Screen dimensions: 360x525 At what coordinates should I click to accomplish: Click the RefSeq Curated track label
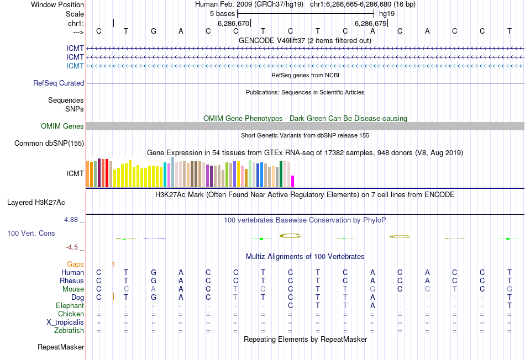pyautogui.click(x=59, y=83)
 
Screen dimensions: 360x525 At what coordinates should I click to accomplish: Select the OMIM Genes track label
pyautogui.click(x=62, y=126)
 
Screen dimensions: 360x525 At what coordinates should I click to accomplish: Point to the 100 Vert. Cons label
pyautogui.click(x=31, y=234)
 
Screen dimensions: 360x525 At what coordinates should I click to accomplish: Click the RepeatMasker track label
pyautogui.click(x=61, y=347)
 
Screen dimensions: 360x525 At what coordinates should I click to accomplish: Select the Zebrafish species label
pyautogui.click(x=70, y=331)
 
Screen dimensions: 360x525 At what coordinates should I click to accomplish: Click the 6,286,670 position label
pyautogui.click(x=233, y=24)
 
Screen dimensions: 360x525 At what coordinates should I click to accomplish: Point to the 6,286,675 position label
pyautogui.click(x=370, y=24)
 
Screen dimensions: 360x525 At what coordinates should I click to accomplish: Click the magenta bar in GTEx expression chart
pyautogui.click(x=293, y=182)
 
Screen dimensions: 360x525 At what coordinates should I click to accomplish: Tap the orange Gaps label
pyautogui.click(x=75, y=264)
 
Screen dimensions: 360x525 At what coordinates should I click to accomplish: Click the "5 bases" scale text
pyautogui.click(x=222, y=13)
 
